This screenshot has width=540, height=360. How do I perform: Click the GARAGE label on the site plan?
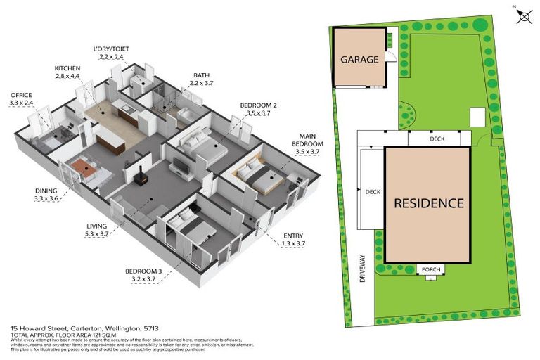tap(360, 60)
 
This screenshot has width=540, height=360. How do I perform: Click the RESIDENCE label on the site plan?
tap(428, 203)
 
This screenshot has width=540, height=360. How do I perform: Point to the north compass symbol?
tap(522, 15)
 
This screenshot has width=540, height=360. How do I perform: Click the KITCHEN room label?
tap(71, 68)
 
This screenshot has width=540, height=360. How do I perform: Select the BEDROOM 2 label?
tap(258, 105)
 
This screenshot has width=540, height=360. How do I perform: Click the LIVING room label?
tap(96, 226)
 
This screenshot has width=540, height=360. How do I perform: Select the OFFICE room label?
tap(21, 95)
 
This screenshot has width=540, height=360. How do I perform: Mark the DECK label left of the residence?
tap(373, 191)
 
